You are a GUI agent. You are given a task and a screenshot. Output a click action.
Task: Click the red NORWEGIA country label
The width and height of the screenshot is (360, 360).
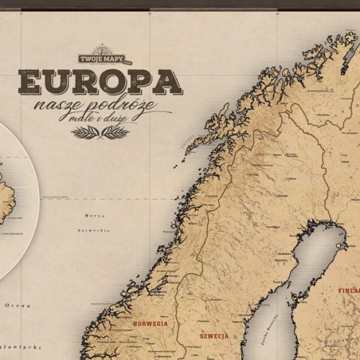pyautogui.click(x=150, y=324)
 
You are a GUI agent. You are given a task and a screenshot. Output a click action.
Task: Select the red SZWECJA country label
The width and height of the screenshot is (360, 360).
pyautogui.click(x=214, y=336)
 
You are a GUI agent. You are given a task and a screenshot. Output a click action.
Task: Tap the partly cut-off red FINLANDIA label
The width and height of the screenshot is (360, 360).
pyautogui.click(x=348, y=292)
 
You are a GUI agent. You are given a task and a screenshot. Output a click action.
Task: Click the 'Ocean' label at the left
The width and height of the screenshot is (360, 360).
pyautogui.click(x=14, y=305)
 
